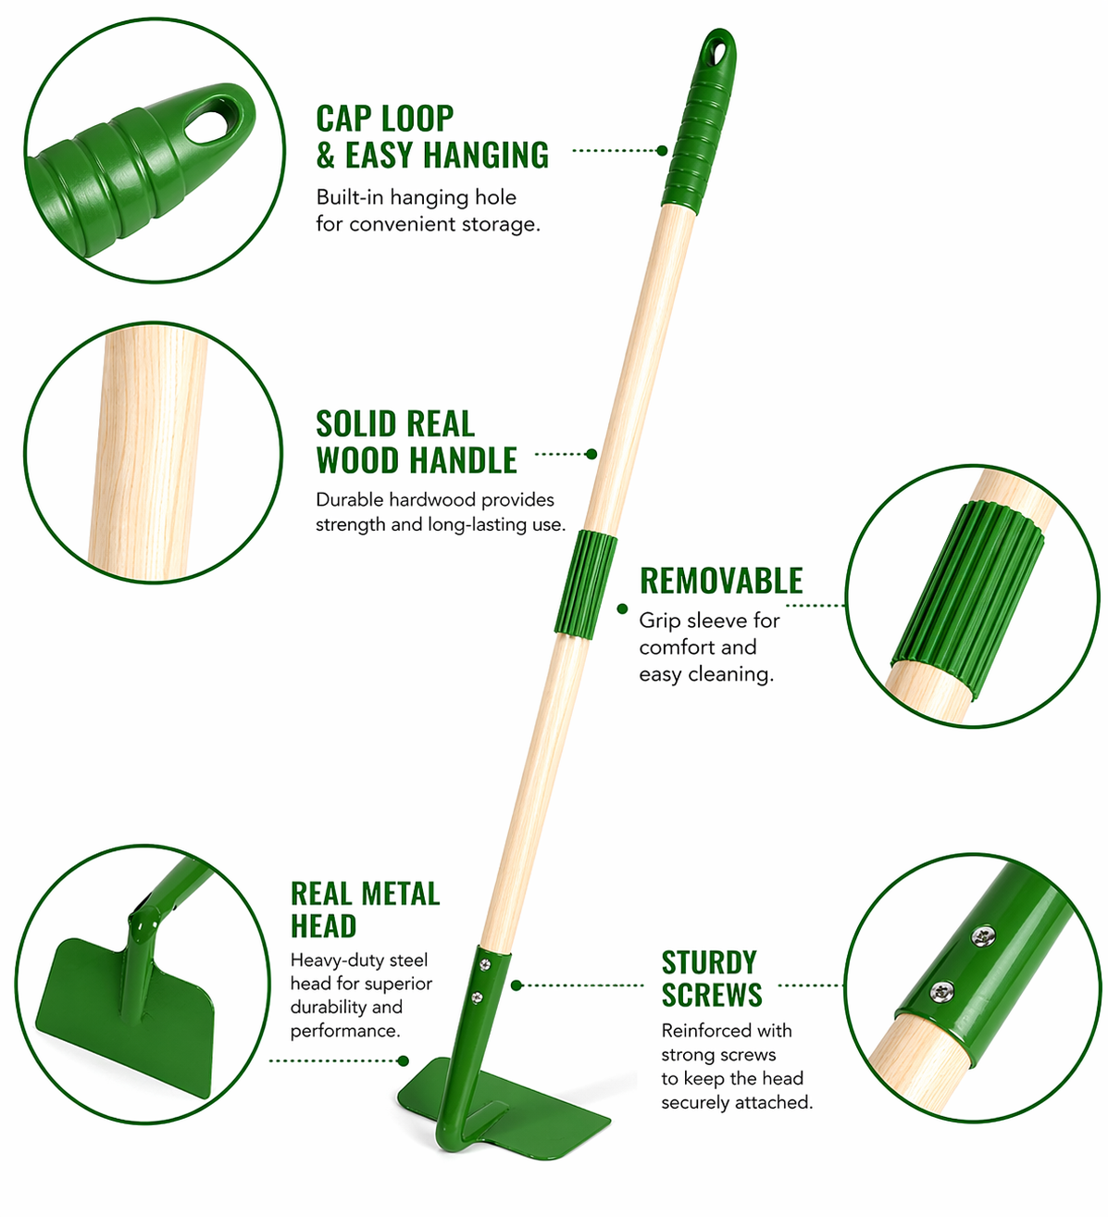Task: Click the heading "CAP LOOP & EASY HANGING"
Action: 431,136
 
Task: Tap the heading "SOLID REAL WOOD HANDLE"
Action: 416,442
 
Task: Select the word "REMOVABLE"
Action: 721,581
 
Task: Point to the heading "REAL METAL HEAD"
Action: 365,910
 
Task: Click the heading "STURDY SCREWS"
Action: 712,979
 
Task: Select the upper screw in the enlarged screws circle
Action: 983,936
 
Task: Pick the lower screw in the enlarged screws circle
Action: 941,991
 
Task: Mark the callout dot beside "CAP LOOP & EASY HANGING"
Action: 662,150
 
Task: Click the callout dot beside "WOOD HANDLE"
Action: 591,454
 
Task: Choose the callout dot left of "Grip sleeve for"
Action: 622,608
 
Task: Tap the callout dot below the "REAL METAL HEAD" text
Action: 404,1061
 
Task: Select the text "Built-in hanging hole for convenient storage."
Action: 428,210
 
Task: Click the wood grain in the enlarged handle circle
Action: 149,452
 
